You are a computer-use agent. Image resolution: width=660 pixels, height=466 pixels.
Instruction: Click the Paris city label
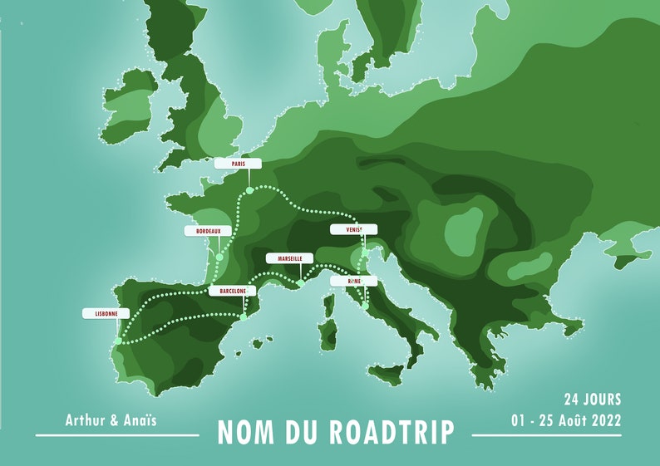click(238, 164)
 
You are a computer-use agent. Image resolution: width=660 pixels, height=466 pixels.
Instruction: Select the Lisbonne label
click(106, 314)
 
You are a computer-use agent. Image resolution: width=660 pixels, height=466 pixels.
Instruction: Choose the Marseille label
click(290, 259)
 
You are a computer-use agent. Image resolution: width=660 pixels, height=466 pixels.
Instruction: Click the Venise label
click(352, 229)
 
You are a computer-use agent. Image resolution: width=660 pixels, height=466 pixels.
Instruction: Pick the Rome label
click(353, 282)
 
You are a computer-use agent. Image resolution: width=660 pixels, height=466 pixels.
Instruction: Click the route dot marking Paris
click(248, 192)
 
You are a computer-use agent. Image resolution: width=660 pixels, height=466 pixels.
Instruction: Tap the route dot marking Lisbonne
click(118, 341)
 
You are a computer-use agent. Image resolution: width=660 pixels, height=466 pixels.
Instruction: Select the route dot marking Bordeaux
click(219, 258)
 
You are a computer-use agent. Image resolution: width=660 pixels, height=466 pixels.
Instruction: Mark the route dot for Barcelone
click(243, 316)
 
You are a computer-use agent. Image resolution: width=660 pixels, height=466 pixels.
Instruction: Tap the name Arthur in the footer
click(85, 420)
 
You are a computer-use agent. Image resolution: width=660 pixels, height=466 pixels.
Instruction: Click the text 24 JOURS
click(592, 400)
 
